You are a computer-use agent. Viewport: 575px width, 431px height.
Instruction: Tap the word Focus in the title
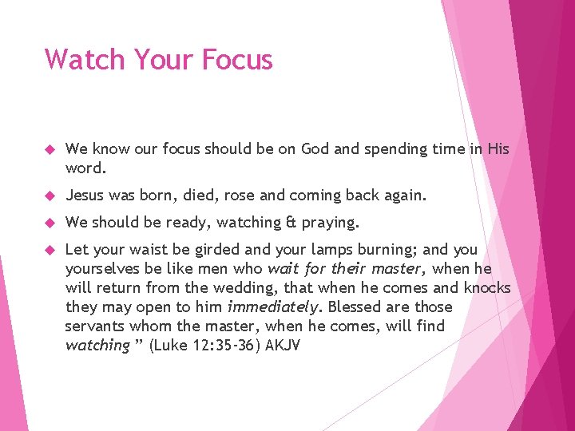pyautogui.click(x=237, y=60)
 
